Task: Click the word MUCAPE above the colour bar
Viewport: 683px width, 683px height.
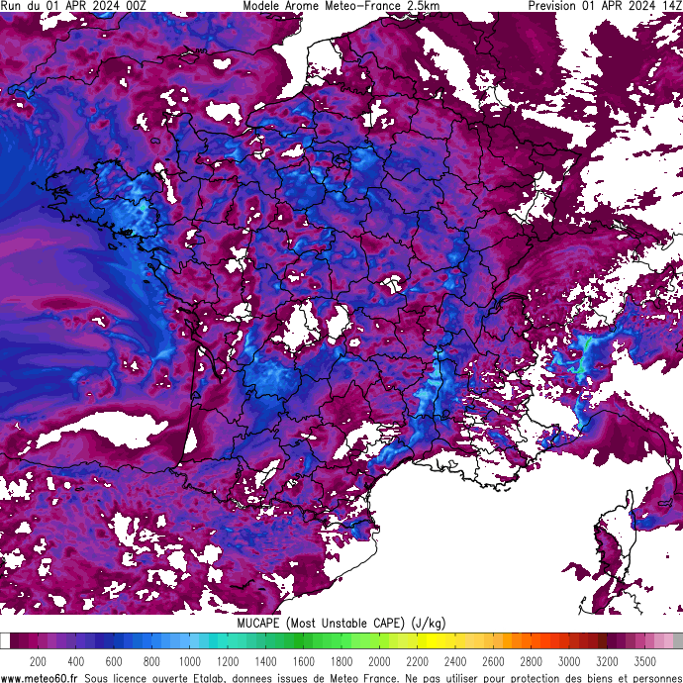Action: coord(258,623)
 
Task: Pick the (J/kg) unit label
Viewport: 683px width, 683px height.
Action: coord(429,623)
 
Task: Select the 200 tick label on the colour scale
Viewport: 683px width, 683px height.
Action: coord(38,661)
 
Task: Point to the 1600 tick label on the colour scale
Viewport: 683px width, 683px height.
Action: coord(303,661)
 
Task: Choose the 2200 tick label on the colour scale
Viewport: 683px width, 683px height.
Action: coord(417,661)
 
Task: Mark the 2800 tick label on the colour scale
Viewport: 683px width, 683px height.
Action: coord(531,661)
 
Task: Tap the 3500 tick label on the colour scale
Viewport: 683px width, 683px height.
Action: coord(645,661)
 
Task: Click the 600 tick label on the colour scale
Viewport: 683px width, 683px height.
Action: coord(114,661)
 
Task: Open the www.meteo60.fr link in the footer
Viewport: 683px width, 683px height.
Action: coord(41,677)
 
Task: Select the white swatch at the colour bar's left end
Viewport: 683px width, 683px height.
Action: coord(5,641)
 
